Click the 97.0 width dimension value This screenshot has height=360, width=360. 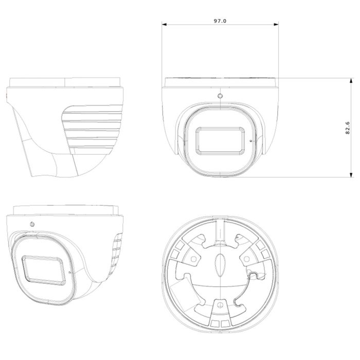[220, 21]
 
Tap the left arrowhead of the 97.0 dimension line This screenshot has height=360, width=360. [164, 24]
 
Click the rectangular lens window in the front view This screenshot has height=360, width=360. [220, 139]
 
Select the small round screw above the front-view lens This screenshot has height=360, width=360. [220, 96]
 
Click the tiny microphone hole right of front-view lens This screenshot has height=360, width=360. [250, 140]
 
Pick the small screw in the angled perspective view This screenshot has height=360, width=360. [32, 224]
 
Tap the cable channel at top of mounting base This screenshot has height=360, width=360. [220, 229]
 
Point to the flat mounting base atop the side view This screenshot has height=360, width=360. [66, 82]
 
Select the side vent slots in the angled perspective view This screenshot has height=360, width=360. [117, 252]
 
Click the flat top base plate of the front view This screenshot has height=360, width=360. [220, 82]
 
